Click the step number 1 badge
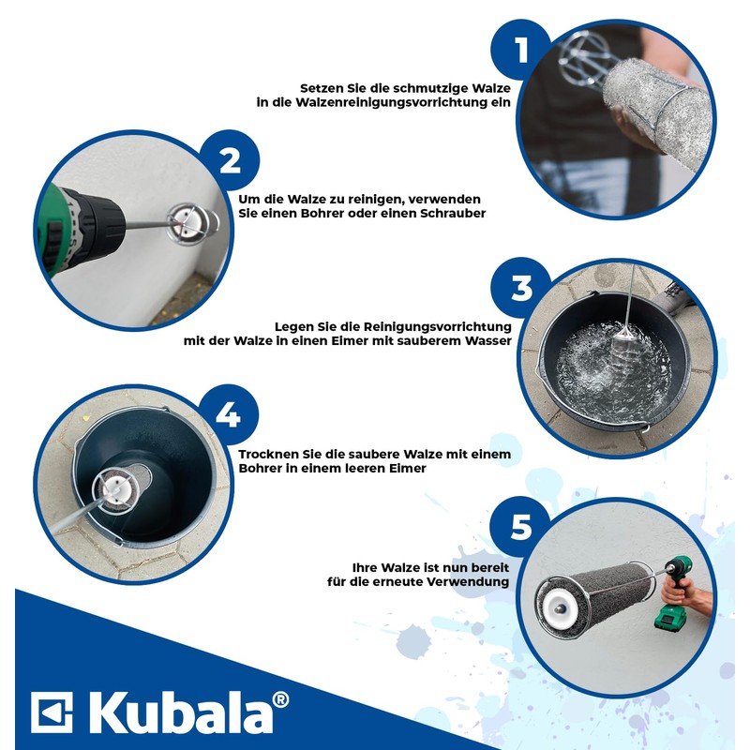pyautogui.click(x=521, y=50)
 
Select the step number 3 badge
pyautogui.click(x=521, y=289)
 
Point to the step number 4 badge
pyautogui.click(x=228, y=412)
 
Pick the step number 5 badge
pyautogui.click(x=520, y=528)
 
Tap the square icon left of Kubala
pyautogui.click(x=52, y=712)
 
